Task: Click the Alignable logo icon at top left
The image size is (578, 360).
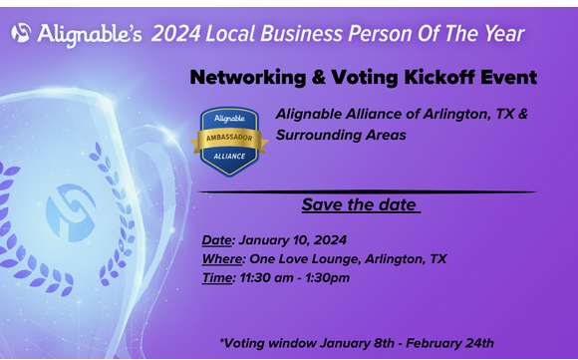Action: point(21,33)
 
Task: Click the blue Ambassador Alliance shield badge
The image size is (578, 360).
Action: point(229,141)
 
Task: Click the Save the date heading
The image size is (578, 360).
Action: point(361,205)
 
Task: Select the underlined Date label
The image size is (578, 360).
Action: point(216,240)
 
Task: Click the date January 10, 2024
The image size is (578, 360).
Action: point(293,240)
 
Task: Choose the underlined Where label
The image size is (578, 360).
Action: point(222,259)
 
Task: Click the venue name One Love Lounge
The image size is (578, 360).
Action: point(304,259)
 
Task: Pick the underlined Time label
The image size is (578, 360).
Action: point(217,278)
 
